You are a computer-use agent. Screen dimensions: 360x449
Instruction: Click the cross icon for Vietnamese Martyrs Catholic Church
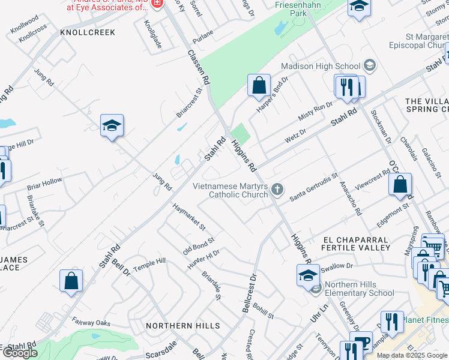click(277, 190)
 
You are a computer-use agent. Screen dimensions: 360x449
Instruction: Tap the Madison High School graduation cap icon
click(369, 65)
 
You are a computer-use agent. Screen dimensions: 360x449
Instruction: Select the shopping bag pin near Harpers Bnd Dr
click(259, 86)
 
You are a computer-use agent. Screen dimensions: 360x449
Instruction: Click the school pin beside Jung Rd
click(112, 126)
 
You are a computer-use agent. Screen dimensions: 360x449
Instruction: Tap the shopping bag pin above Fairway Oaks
click(71, 281)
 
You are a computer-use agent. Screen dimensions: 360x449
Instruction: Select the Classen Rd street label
click(199, 67)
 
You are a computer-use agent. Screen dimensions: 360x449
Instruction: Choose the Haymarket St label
click(189, 217)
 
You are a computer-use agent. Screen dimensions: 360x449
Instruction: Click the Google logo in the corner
click(20, 353)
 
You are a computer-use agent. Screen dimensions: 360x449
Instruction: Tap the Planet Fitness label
click(425, 320)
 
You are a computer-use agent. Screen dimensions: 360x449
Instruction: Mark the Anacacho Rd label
click(351, 199)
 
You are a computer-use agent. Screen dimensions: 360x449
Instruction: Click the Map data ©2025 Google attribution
click(412, 355)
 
